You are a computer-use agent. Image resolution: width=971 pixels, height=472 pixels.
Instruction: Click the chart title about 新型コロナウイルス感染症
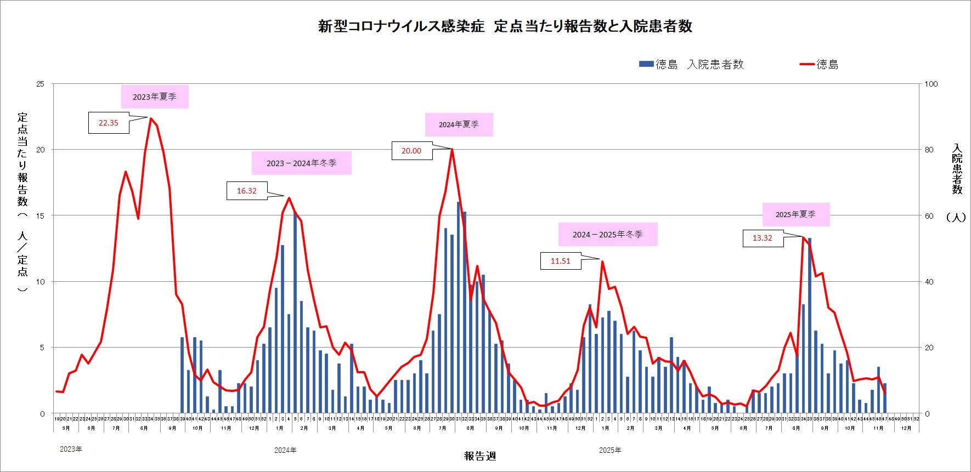pyautogui.click(x=505, y=26)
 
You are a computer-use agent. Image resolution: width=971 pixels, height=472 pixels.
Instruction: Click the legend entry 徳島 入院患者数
pyautogui.click(x=691, y=64)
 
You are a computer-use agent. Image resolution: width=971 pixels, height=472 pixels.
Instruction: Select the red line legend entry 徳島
pyautogui.click(x=820, y=64)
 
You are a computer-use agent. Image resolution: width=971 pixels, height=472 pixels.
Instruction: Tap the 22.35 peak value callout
pyautogui.click(x=109, y=123)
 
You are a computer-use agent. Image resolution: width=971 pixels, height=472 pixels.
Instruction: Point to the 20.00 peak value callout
pyautogui.click(x=411, y=151)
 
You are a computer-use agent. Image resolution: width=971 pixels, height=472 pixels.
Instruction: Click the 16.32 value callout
pyautogui.click(x=246, y=191)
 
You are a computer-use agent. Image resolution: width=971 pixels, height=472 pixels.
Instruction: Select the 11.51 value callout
pyautogui.click(x=560, y=261)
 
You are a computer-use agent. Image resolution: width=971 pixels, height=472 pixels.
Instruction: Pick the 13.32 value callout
pyautogui.click(x=762, y=238)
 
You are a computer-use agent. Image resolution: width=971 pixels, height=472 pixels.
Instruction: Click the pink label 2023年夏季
pyautogui.click(x=155, y=96)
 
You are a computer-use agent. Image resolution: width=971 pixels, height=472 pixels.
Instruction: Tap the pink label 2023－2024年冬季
pyautogui.click(x=301, y=163)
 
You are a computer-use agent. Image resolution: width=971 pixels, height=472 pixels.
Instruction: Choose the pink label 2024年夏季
pyautogui.click(x=459, y=124)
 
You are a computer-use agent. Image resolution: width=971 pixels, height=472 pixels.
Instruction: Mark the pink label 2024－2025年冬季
pyautogui.click(x=607, y=234)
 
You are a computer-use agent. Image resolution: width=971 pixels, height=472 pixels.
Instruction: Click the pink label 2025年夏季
pyautogui.click(x=795, y=214)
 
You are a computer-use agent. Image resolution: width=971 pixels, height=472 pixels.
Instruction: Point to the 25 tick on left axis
pyautogui.click(x=40, y=84)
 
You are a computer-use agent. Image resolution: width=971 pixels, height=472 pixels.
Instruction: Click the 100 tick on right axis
pyautogui.click(x=931, y=84)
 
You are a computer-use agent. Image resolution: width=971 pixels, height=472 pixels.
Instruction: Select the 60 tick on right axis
pyautogui.click(x=929, y=216)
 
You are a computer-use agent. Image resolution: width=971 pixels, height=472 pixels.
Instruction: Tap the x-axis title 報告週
pyautogui.click(x=480, y=456)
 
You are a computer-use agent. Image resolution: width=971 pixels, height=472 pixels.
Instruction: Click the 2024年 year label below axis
pyautogui.click(x=285, y=450)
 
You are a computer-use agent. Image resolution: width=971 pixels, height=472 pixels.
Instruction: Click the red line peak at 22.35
pyautogui.click(x=150, y=118)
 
